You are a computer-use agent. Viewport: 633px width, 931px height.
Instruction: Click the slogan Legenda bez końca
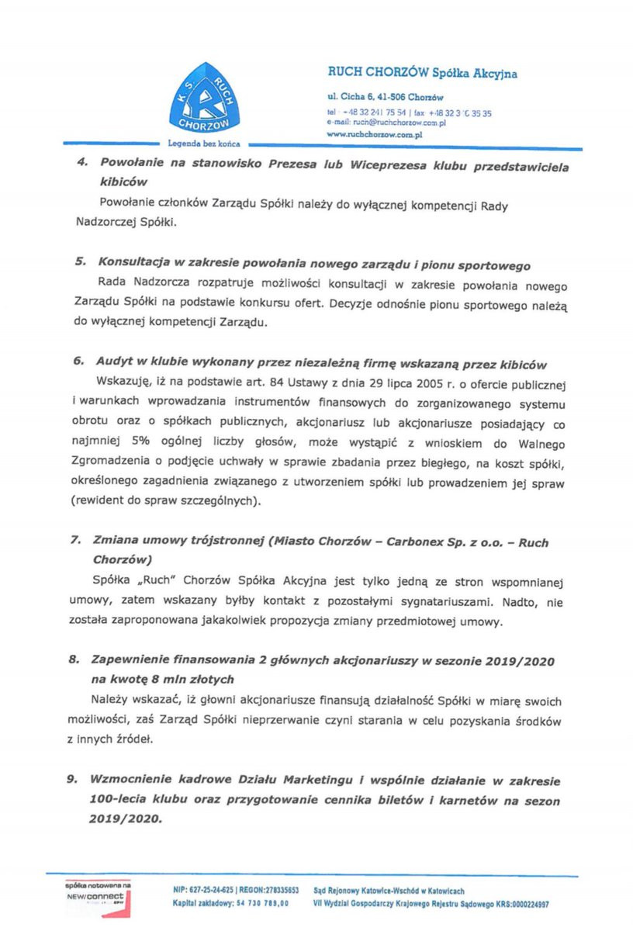(x=204, y=144)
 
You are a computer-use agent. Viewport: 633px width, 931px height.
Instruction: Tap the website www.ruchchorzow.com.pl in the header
(x=374, y=134)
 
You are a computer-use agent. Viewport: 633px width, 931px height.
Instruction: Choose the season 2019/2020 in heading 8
(x=521, y=660)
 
